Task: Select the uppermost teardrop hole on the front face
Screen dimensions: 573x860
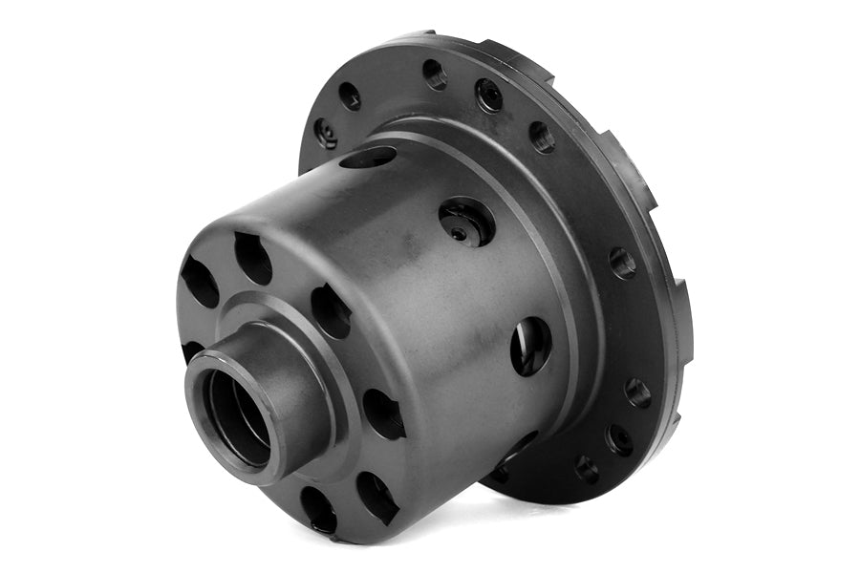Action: point(253,258)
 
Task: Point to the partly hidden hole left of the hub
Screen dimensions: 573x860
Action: point(190,350)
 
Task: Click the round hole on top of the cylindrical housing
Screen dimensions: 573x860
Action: point(368,157)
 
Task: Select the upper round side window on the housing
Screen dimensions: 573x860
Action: point(467,223)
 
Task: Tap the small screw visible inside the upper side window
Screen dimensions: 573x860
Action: point(460,232)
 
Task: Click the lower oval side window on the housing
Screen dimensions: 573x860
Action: point(530,345)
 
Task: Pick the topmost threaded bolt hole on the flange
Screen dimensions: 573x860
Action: point(435,74)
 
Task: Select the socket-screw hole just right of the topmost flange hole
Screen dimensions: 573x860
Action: point(489,94)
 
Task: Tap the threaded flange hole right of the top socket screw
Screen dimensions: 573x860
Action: point(542,137)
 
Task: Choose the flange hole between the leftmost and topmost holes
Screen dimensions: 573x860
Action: point(350,95)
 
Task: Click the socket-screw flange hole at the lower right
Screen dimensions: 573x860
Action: point(619,439)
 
